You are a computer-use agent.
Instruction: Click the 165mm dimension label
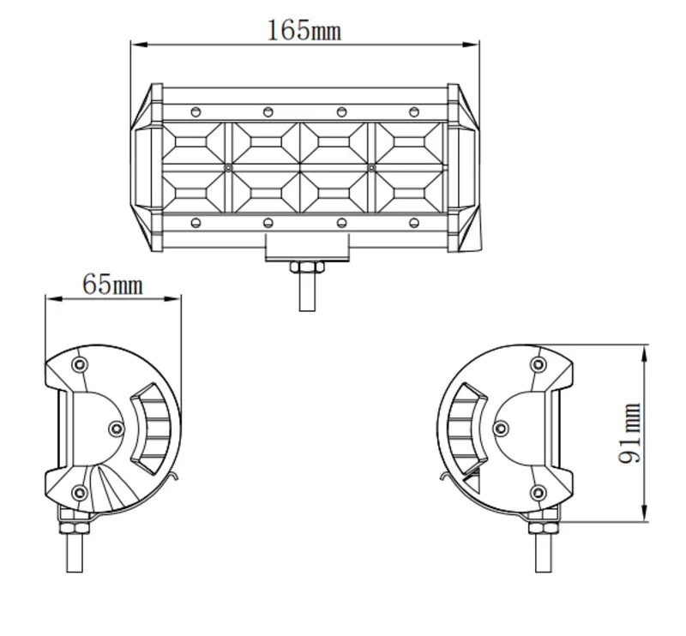304,31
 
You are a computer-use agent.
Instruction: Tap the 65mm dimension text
112,283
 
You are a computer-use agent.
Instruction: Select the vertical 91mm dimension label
630,433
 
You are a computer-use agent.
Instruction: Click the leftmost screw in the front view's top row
196,111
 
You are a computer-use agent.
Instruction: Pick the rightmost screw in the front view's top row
414,111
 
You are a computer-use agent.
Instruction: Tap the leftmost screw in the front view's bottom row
196,223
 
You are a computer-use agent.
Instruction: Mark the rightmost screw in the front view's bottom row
414,223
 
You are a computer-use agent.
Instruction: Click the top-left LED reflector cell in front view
195,143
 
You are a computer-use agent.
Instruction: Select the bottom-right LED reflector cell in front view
412,190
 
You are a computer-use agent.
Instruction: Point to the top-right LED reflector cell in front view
412,143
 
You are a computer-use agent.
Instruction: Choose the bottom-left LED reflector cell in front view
195,190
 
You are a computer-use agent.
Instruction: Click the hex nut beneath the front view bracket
306,268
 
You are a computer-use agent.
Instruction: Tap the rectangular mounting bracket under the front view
306,246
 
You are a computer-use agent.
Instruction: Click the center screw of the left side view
117,427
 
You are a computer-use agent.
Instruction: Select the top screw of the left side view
80,365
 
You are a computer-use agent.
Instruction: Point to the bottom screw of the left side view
80,491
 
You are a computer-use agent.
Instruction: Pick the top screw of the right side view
538,365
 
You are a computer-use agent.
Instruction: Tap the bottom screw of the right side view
538,491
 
